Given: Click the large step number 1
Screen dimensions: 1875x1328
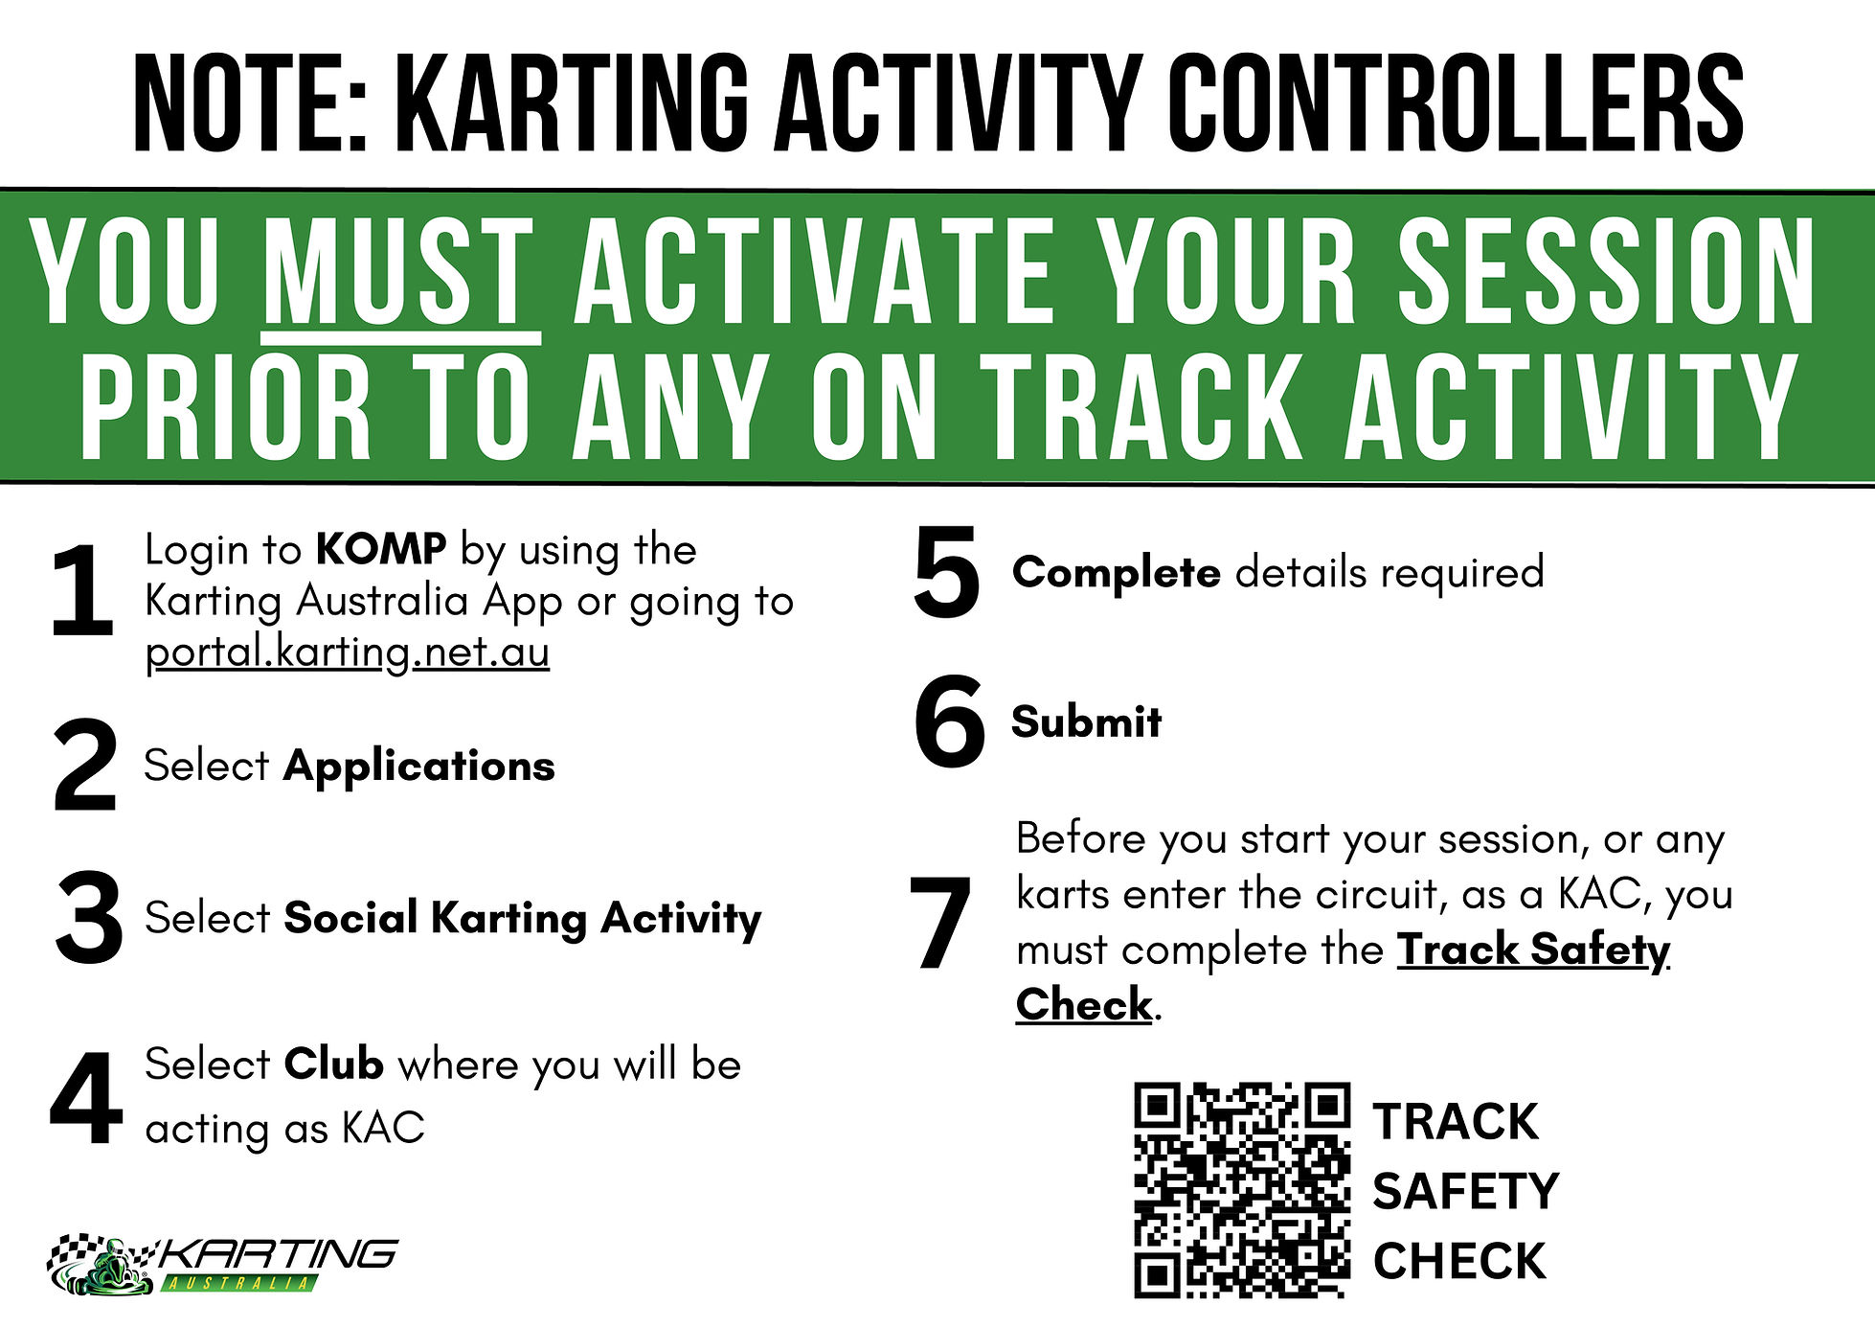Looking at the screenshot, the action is click(x=82, y=590).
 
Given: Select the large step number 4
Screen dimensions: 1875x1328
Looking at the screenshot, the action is click(x=86, y=1098).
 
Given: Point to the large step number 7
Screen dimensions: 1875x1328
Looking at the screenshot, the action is click(x=940, y=923).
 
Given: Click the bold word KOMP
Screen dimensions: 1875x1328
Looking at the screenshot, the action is click(x=381, y=549).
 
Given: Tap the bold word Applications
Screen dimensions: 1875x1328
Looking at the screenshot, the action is click(x=419, y=767).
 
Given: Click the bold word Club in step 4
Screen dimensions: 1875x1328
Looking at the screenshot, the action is click(x=333, y=1065).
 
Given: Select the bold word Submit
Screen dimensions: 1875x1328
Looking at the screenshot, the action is click(x=1087, y=721).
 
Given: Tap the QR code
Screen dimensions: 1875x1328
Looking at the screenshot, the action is click(x=1242, y=1190).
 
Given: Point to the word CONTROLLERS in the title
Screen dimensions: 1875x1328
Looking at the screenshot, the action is click(x=1455, y=103).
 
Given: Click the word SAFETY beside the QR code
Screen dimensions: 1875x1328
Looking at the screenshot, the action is click(x=1465, y=1191).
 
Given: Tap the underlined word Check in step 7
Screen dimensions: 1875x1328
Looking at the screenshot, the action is click(x=1084, y=1004).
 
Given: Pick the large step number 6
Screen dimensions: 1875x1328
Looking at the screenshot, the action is click(x=949, y=721).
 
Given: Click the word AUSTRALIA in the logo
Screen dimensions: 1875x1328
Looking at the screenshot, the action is click(x=237, y=1282).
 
